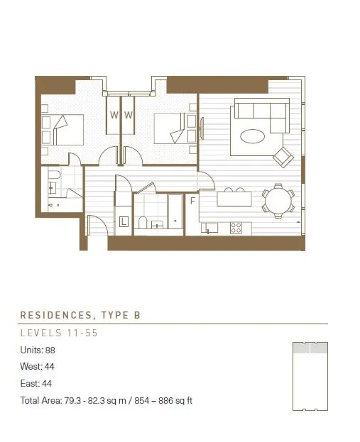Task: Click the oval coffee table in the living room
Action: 252,136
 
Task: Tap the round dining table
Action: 278,201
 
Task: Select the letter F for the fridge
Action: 192,201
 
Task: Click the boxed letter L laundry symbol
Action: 124,221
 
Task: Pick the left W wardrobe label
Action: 114,115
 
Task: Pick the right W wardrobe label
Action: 129,115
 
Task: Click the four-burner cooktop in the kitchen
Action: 236,228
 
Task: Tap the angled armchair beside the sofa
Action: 283,157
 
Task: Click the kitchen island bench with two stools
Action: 234,198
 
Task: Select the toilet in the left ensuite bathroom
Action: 54,175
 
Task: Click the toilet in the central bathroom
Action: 143,222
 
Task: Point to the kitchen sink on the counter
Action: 209,228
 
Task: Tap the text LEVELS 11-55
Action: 59,333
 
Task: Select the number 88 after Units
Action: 50,350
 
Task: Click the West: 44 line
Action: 37,367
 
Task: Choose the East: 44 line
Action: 36,383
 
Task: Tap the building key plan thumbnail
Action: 310,376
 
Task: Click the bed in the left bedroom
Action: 62,130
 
